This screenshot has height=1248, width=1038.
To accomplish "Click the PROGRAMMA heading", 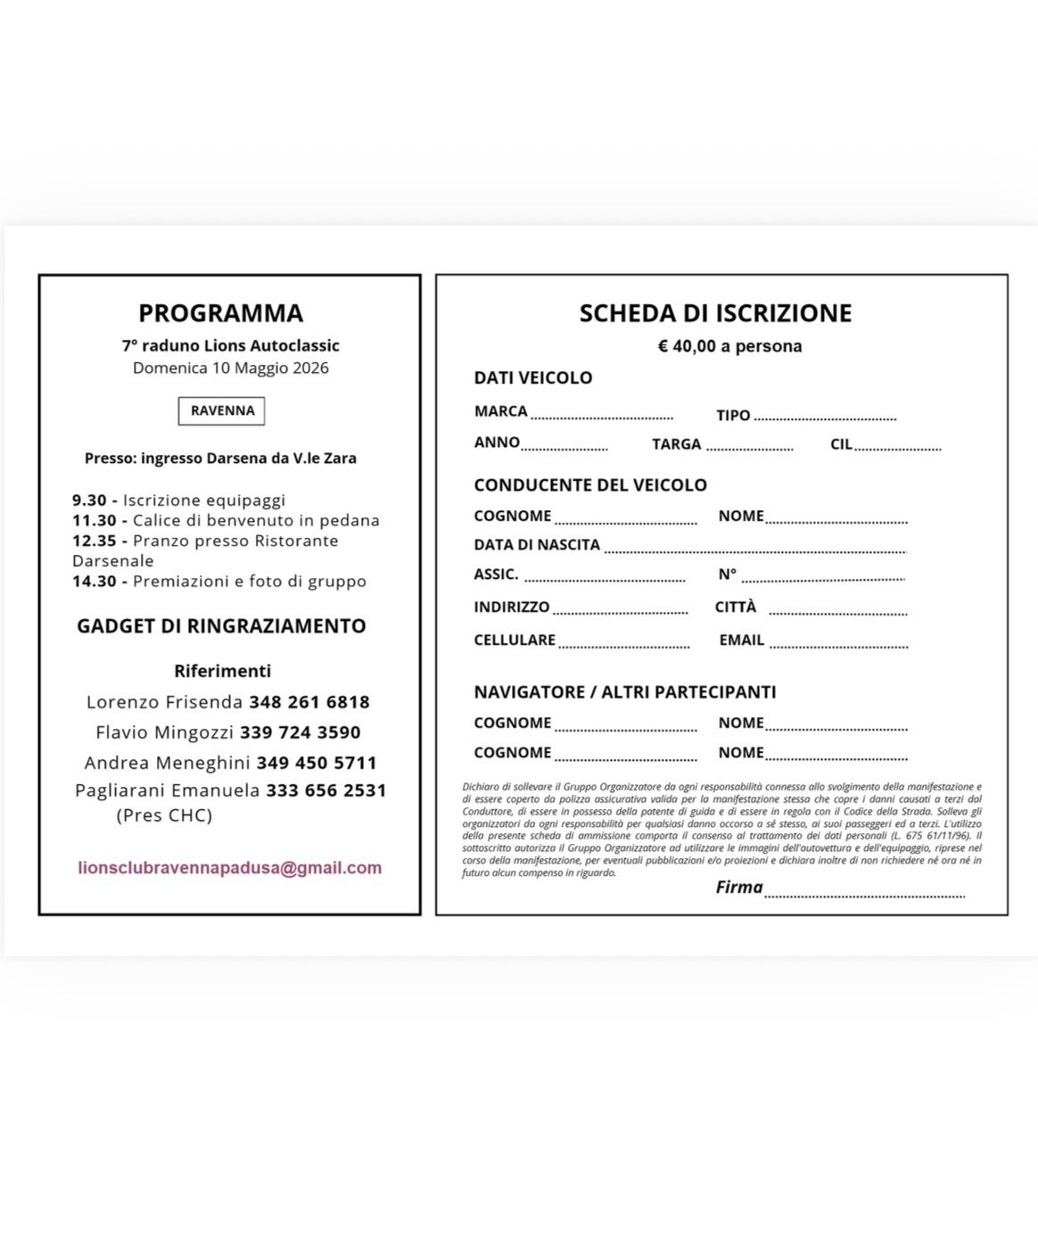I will click(220, 313).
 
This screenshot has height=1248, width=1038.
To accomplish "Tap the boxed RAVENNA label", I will click(222, 411).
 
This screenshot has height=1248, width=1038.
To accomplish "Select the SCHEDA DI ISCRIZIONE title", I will click(715, 313).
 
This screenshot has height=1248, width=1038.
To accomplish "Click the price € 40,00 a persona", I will click(729, 346).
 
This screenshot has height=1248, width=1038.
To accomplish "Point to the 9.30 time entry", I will click(89, 500).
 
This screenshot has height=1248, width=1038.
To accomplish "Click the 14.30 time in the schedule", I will click(95, 582).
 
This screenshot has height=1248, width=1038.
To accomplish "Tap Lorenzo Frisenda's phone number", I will click(309, 702).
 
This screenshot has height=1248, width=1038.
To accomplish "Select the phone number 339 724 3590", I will click(301, 732).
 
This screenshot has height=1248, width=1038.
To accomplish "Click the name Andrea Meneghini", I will click(167, 763).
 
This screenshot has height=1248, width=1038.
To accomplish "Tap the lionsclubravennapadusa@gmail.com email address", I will click(229, 868).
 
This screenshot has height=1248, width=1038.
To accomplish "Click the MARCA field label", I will click(500, 411).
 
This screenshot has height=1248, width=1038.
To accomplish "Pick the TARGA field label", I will click(676, 444).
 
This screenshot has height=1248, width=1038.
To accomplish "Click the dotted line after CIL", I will click(898, 448).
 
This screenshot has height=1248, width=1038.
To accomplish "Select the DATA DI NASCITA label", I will click(537, 545).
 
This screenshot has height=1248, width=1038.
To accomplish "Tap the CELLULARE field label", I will click(515, 641).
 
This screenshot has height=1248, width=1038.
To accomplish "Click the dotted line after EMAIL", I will click(838, 645).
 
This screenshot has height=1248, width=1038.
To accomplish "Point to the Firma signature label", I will click(739, 888).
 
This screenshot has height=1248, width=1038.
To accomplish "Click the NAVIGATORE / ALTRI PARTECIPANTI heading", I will click(624, 692).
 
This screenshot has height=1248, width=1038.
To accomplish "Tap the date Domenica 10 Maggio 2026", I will click(231, 368).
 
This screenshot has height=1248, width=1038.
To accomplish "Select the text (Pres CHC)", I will click(164, 815).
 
